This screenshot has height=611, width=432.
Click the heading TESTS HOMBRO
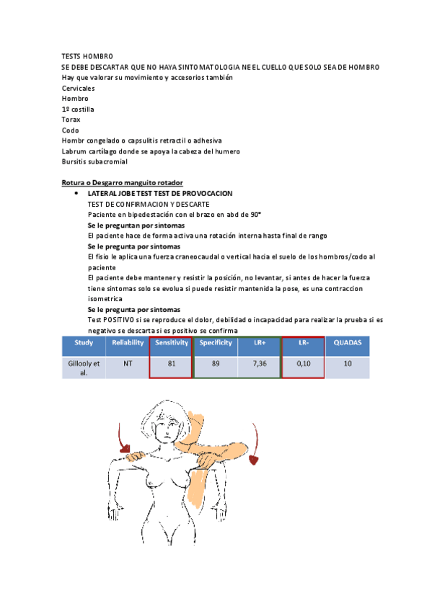[87, 56]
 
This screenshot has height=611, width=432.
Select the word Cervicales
[79, 88]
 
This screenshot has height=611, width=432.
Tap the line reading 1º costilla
[78, 109]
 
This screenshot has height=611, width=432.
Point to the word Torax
[71, 120]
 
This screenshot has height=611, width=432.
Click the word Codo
[71, 130]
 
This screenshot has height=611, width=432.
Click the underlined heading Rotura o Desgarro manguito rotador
[123, 183]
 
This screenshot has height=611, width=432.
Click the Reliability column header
[128, 343]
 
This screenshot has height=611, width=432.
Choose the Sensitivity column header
[172, 343]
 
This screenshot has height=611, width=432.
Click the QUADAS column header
[348, 343]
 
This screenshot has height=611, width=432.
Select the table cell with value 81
[172, 364]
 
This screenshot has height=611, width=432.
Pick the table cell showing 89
[216, 364]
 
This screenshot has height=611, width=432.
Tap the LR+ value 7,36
[260, 364]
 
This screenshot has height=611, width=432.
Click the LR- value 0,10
[304, 364]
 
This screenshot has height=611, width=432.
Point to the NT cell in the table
[128, 364]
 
